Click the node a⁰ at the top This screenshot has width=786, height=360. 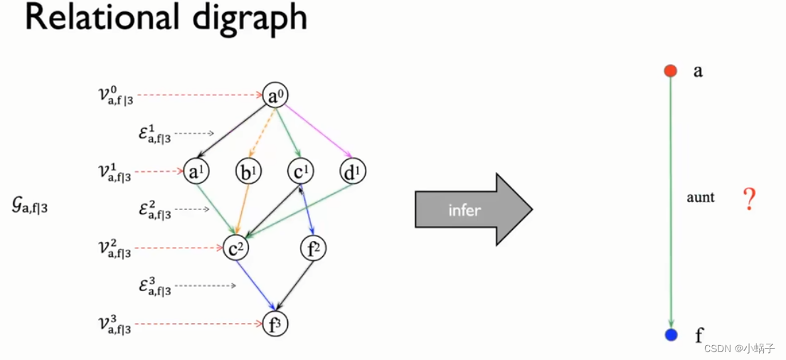[274, 95]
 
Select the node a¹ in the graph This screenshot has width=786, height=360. [195, 171]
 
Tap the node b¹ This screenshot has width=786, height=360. [248, 171]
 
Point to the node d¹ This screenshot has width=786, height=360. [352, 171]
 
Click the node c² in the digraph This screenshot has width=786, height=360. [235, 248]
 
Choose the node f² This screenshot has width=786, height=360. [314, 248]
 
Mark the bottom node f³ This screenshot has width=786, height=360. [275, 324]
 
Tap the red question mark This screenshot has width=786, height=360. [748, 200]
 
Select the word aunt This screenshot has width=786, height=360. [701, 198]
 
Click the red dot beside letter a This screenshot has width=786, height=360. [670, 70]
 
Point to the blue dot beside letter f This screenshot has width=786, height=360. [671, 334]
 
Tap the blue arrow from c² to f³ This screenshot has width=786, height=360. [254, 285]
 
